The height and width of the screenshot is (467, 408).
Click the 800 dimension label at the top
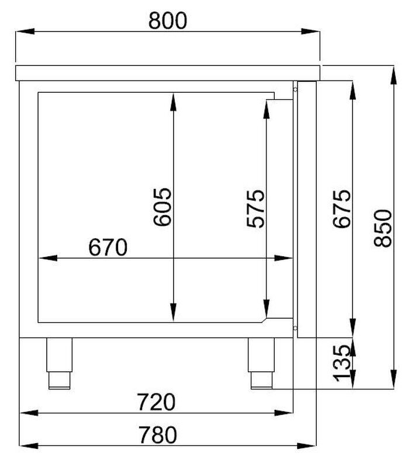coord(168,20)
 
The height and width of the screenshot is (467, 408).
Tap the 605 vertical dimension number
coord(162,207)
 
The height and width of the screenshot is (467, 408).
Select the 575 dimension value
coord(255,208)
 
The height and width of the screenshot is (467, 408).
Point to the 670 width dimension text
coord(108,247)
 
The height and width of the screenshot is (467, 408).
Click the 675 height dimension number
coord(342,209)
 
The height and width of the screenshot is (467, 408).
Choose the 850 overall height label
coord(383,228)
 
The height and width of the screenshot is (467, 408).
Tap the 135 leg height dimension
coord(342,363)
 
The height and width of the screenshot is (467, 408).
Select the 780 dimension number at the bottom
coord(158,435)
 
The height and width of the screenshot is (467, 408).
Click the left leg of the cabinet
coord(60,363)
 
